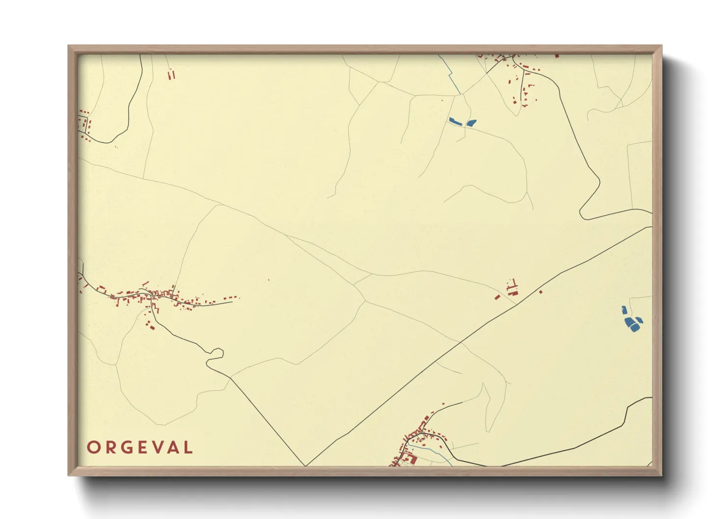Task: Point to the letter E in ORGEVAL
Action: click(140, 447)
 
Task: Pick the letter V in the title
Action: click(155, 447)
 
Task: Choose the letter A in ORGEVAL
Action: click(172, 447)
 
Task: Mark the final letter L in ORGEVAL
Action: click(187, 447)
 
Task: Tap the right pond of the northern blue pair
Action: click(471, 123)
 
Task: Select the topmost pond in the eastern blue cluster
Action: click(624, 311)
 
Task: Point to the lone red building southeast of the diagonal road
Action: click(541, 292)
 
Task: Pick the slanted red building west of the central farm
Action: click(497, 297)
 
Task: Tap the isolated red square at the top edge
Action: click(557, 56)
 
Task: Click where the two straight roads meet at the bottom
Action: click(305, 466)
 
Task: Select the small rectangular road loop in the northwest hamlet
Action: click(84, 123)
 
